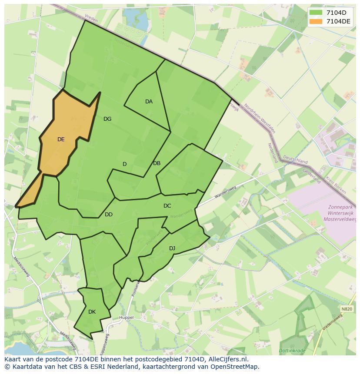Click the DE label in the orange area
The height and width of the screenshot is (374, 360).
pyautogui.click(x=61, y=139)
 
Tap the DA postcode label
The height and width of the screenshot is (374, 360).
pyautogui.click(x=149, y=102)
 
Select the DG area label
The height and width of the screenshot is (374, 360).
pyautogui.click(x=107, y=119)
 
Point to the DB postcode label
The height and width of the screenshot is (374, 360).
pyautogui.click(x=157, y=163)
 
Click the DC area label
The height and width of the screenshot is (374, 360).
pyautogui.click(x=167, y=206)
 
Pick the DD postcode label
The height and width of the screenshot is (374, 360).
pyautogui.click(x=109, y=215)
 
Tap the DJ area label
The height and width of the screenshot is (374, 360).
pyautogui.click(x=172, y=248)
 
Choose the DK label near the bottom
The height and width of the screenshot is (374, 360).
pyautogui.click(x=92, y=312)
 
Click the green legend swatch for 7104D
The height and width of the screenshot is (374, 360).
pyautogui.click(x=316, y=13)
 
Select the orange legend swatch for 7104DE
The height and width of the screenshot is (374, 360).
pyautogui.click(x=316, y=21)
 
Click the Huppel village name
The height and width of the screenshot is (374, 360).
pyautogui.click(x=126, y=318)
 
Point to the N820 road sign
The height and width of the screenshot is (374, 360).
pyautogui.click(x=347, y=309)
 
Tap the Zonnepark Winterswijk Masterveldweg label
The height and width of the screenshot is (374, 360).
pyautogui.click(x=340, y=214)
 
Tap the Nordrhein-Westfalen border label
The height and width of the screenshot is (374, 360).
pyautogui.click(x=260, y=118)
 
